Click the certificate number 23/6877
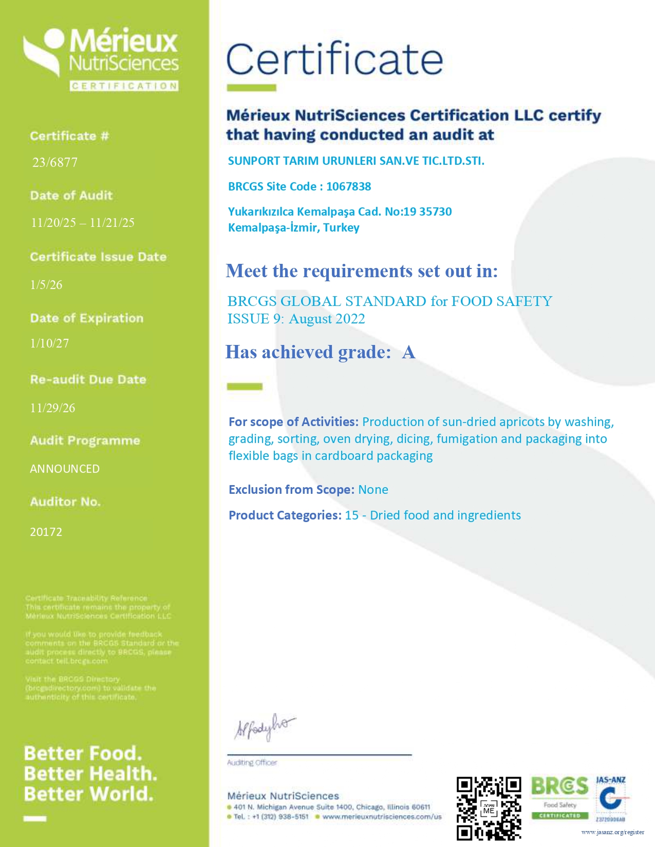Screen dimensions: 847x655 pyautogui.click(x=55, y=162)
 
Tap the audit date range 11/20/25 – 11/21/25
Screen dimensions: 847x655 pyautogui.click(x=83, y=222)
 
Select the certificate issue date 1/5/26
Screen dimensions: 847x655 pyautogui.click(x=46, y=284)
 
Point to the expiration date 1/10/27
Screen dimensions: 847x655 pyautogui.click(x=49, y=343)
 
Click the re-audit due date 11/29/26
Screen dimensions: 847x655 pyautogui.click(x=52, y=408)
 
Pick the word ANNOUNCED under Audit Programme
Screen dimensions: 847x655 pyautogui.click(x=65, y=469)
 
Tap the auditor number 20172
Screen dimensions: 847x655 pyautogui.click(x=46, y=532)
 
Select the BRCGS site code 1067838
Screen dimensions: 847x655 pyautogui.click(x=348, y=186)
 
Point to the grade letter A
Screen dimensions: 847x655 pyautogui.click(x=408, y=352)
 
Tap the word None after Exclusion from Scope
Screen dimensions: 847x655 pyautogui.click(x=373, y=490)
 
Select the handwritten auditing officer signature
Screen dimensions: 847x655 pyautogui.click(x=265, y=727)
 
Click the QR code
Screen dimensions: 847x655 pyautogui.click(x=489, y=808)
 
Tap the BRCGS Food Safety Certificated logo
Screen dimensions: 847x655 pyautogui.click(x=559, y=798)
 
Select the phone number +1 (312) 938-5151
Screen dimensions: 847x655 pyautogui.click(x=280, y=817)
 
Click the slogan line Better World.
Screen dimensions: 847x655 pyautogui.click(x=89, y=794)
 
